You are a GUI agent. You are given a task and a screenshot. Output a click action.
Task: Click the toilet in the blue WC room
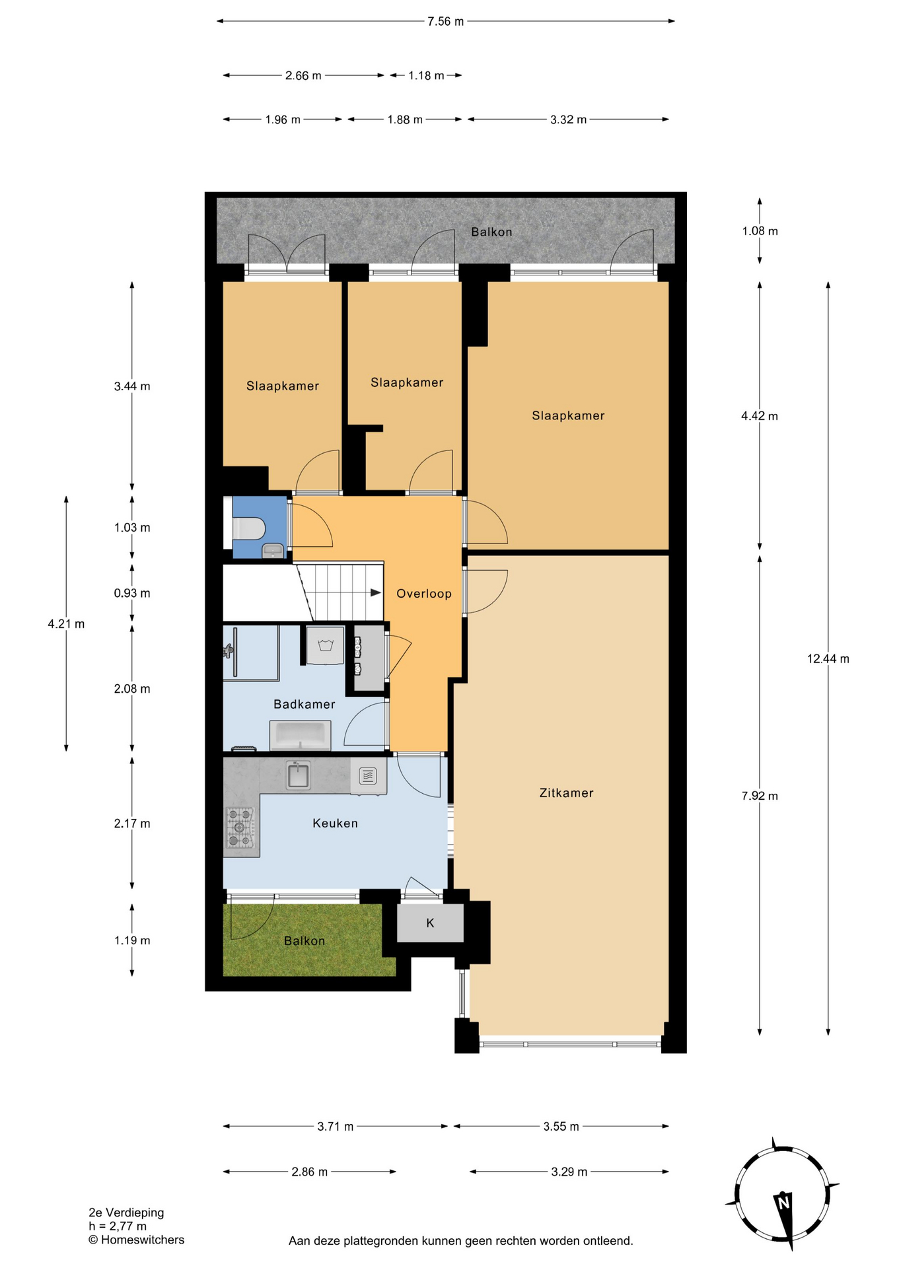[249, 529]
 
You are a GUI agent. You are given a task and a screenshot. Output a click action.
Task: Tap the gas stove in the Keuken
[240, 827]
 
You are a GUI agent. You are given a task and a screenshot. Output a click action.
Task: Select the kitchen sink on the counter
[299, 775]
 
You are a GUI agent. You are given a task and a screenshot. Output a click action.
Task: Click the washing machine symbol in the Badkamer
[325, 645]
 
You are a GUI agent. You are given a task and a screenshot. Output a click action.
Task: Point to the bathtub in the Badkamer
[300, 735]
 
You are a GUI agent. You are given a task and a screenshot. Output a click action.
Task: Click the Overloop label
[424, 594]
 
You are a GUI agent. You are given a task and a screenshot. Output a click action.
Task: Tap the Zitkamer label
[566, 793]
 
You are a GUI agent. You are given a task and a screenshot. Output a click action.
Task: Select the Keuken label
[335, 824]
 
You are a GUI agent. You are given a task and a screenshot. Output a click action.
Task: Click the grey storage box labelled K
[430, 923]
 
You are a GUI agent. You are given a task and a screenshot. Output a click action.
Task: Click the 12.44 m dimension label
[828, 658]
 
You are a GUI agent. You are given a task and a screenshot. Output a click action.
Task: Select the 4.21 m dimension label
[66, 623]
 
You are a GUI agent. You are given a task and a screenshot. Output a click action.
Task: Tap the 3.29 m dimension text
[569, 1172]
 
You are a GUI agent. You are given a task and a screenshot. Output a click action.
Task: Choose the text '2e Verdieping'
[126, 1213]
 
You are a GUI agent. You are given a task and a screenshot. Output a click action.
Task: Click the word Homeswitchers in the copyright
[143, 1240]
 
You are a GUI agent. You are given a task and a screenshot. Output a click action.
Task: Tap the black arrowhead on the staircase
[376, 592]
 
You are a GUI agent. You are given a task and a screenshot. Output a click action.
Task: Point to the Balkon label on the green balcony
[305, 941]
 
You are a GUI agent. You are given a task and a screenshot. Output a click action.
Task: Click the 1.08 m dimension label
[760, 231]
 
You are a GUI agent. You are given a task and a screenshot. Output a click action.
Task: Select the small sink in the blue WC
[272, 550]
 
